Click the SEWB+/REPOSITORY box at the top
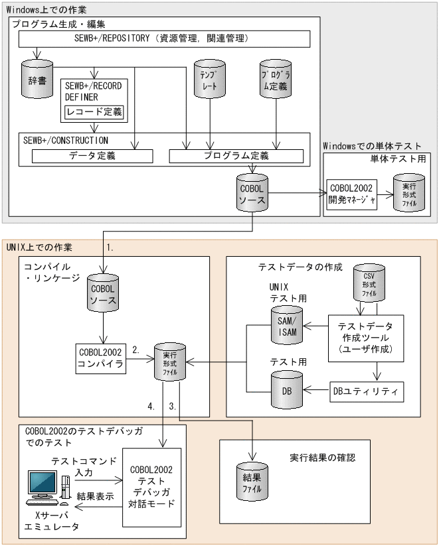point(165,39)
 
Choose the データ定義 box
point(92,157)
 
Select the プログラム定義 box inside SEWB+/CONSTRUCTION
point(236,157)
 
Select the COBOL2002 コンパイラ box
point(101,359)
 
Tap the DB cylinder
point(286,390)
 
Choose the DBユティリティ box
point(367,391)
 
